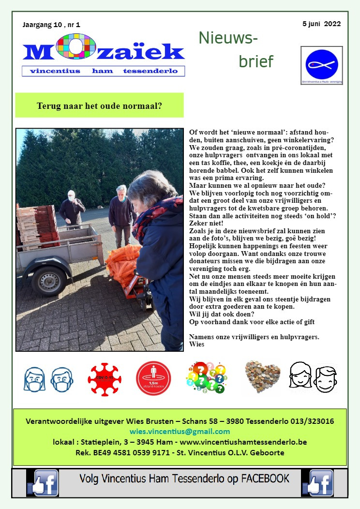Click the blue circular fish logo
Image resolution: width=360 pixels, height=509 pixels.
(321, 64)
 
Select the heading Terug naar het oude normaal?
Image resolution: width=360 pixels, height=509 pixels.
(99, 105)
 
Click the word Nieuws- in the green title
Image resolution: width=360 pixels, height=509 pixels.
(228, 38)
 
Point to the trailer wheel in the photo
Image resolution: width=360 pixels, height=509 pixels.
(48, 281)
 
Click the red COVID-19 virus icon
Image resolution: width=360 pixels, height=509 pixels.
(105, 379)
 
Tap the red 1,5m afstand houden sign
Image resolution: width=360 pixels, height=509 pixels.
(153, 379)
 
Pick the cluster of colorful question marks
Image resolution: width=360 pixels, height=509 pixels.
(206, 378)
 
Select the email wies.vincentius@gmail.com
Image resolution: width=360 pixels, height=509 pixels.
(180, 431)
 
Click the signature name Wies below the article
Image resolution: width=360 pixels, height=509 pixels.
(197, 344)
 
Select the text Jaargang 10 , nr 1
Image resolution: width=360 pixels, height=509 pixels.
(51, 24)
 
